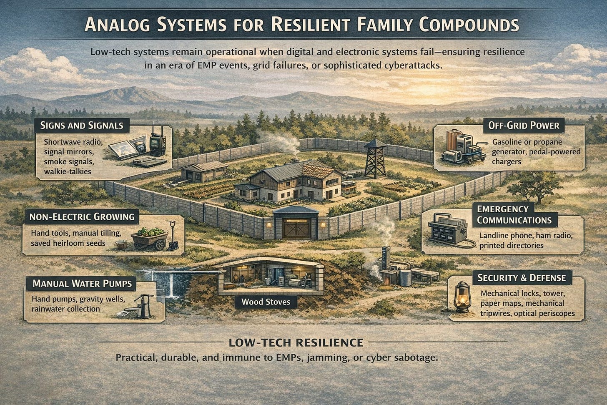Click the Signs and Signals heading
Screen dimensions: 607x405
[x=82, y=125]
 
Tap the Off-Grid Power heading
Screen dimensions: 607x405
[x=524, y=125]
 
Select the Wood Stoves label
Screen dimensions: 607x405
[x=266, y=302]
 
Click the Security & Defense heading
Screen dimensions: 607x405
[x=522, y=278]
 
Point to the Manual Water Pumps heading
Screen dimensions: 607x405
[x=82, y=284]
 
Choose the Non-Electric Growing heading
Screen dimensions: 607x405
[x=82, y=216]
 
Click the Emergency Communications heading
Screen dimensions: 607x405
[x=514, y=214]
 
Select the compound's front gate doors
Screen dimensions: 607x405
[x=295, y=228]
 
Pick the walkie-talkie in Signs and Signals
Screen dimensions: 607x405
[x=157, y=142]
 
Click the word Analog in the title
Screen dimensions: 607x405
[x=118, y=25]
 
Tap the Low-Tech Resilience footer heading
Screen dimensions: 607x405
[x=296, y=343]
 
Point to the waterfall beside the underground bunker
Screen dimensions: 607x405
[x=171, y=283]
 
